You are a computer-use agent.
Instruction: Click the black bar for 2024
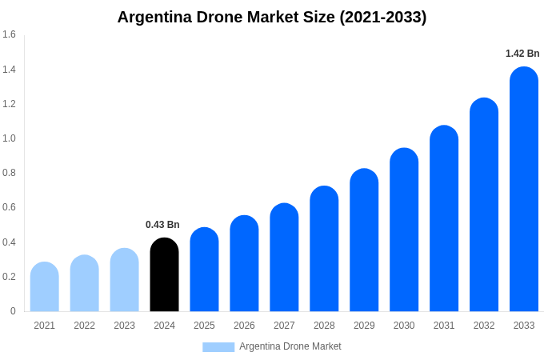[164, 276]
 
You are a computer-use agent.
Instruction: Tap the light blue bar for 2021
[45, 288]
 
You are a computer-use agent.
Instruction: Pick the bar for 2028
[324, 250]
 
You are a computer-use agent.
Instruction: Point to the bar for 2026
[244, 264]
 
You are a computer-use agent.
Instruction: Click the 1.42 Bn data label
[522, 54]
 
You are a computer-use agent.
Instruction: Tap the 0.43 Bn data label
[162, 225]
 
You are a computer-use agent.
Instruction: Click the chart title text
[272, 17]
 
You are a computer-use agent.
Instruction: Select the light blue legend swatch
[218, 347]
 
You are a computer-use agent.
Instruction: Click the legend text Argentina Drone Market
[290, 346]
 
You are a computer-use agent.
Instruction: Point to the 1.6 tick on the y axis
[9, 34]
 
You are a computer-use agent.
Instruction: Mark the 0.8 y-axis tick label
[9, 173]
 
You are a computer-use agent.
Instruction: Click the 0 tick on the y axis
[13, 311]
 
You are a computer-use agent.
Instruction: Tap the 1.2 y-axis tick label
[9, 104]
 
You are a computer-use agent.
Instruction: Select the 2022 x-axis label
[84, 326]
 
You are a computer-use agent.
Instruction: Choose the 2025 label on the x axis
[204, 326]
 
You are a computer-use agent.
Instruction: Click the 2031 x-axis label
[444, 326]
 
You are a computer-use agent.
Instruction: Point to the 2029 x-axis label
[364, 326]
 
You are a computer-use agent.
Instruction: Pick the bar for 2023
[124, 281]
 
